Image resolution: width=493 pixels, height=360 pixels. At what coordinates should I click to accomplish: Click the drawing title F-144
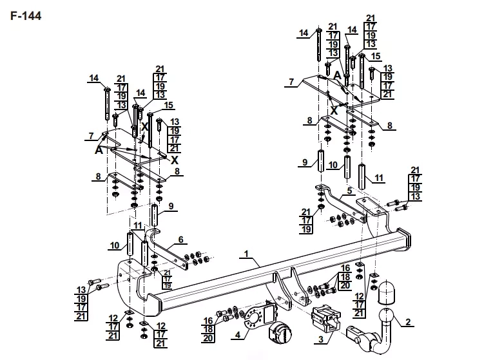point(26,15)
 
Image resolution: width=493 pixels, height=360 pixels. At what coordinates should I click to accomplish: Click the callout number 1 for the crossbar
point(246,254)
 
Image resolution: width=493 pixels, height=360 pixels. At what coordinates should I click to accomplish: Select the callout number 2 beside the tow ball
point(408,321)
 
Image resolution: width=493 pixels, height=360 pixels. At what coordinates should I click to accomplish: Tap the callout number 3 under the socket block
point(321,339)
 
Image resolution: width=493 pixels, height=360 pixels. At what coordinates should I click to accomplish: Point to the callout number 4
point(238,335)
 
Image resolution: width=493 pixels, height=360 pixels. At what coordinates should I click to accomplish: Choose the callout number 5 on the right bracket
point(350,191)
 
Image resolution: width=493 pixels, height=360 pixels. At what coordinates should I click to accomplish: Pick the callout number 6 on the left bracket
point(180,240)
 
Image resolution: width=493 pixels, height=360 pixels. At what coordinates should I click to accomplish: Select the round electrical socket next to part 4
point(279,332)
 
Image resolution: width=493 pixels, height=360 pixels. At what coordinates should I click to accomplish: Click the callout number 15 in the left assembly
point(169,105)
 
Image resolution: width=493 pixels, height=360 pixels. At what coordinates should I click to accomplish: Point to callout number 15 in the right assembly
point(376,56)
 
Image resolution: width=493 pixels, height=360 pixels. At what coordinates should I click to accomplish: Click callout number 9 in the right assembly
point(305,162)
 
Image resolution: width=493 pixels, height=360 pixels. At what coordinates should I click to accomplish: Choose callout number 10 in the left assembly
point(115,245)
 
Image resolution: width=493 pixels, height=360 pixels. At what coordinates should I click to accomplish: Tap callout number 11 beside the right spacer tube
point(379,178)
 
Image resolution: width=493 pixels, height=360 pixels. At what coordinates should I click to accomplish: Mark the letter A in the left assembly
point(99,150)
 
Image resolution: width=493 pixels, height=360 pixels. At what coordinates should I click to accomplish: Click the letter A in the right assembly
point(337,75)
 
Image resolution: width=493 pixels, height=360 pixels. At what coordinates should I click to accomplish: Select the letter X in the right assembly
point(334,110)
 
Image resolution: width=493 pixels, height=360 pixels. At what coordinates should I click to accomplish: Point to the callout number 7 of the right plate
point(291,82)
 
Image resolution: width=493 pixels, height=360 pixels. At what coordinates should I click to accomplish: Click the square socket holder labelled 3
point(326,319)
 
